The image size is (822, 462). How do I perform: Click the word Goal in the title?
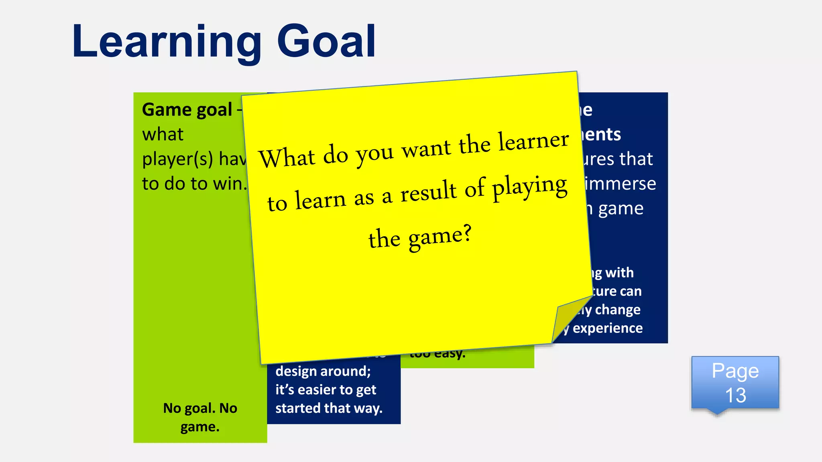coord(327,41)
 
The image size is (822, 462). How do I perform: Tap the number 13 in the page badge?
coord(735,395)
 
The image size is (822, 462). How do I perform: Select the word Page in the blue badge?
coord(735,371)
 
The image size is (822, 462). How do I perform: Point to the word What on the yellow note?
coord(287,158)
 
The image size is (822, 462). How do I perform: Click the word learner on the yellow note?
coord(533,141)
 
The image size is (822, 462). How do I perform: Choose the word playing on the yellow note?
coord(530,186)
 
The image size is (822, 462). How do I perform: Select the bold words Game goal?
coord(187,109)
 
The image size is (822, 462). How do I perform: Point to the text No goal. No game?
coord(200,417)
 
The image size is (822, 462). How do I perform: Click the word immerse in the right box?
coord(620,184)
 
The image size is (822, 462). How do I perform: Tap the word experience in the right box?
coord(608,328)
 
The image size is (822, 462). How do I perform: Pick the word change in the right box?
coord(618,310)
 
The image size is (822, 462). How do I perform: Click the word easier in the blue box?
coord(317,390)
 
